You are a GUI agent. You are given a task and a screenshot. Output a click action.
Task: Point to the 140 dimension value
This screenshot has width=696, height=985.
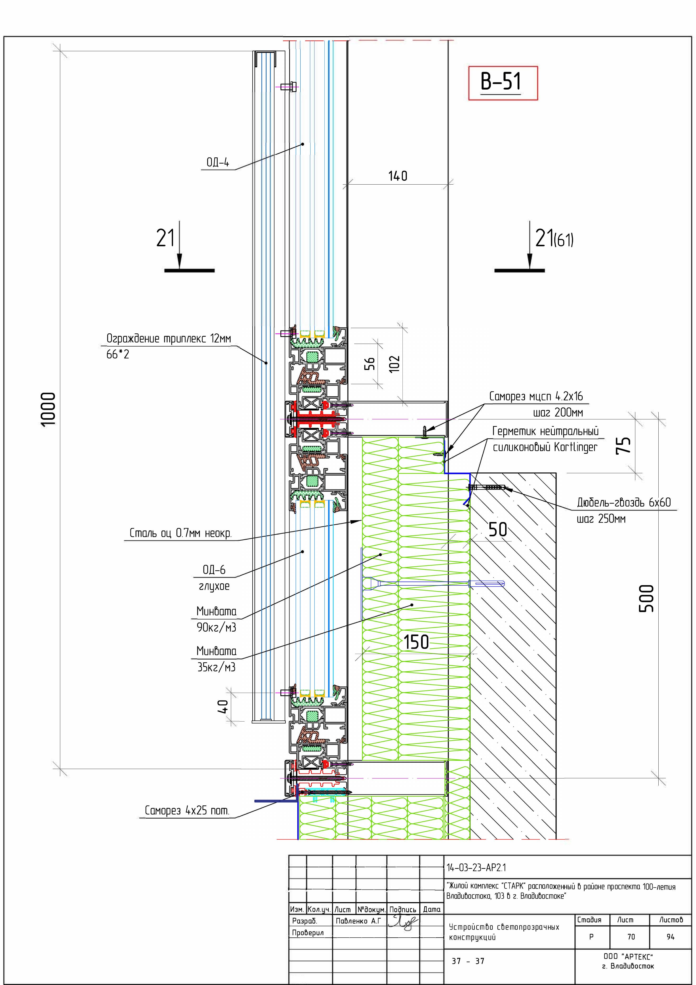click(398, 176)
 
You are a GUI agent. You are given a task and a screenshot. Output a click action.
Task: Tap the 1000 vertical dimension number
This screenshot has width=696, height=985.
click(49, 409)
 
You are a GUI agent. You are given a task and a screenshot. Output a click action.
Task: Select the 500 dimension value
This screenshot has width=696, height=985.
click(647, 598)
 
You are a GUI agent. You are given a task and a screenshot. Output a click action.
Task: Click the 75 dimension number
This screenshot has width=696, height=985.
click(623, 445)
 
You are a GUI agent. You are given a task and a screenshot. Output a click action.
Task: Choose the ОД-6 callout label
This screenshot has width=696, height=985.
click(214, 570)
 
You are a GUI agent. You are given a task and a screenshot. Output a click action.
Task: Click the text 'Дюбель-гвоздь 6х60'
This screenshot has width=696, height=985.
click(624, 502)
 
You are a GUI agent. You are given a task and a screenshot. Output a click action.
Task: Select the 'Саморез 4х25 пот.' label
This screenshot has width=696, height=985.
click(187, 810)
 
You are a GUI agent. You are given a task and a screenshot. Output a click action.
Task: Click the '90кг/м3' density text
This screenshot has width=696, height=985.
click(216, 627)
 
